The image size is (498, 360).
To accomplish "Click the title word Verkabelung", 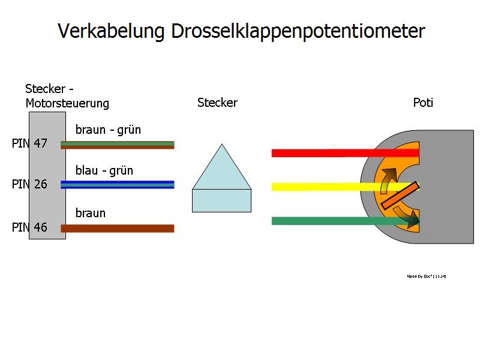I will click(x=111, y=31).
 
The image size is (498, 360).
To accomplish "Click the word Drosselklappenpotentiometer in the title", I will click(x=298, y=31).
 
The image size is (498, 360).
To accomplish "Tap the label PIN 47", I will click(x=29, y=144).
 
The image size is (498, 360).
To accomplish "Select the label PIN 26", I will click(x=29, y=184).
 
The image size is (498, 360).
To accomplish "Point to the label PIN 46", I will click(x=29, y=227).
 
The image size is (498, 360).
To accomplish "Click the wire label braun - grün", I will click(x=108, y=130).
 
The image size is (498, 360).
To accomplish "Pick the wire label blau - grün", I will click(x=104, y=170).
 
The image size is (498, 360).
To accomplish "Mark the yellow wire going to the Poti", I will click(x=324, y=187).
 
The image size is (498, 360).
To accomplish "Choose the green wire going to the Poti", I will click(x=324, y=221).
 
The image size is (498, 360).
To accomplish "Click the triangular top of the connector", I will click(x=222, y=171).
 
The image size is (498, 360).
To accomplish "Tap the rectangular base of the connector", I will click(x=221, y=200).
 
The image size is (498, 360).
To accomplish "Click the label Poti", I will click(x=423, y=103).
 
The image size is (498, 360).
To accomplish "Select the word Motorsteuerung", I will click(x=68, y=103).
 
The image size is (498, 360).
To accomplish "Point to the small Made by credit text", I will click(x=427, y=277).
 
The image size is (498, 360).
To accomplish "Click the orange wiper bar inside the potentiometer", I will click(x=397, y=197).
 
